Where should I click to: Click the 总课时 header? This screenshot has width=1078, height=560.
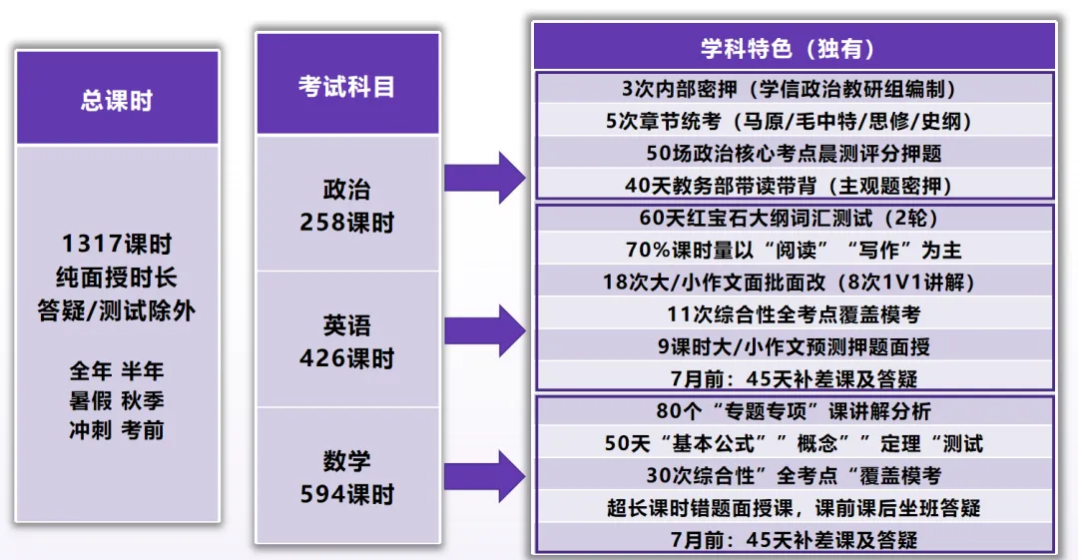click(117, 101)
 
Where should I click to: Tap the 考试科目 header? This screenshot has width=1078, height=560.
click(346, 86)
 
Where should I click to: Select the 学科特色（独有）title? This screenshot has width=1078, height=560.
click(794, 48)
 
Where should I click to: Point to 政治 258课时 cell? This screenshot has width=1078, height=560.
click(346, 205)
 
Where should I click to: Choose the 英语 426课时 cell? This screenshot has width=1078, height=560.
click(346, 341)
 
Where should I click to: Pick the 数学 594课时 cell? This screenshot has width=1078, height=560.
click(346, 477)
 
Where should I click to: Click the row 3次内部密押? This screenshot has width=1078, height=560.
click(794, 89)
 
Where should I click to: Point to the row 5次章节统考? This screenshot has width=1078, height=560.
click(794, 121)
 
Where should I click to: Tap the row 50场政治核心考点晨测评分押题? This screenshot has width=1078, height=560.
click(794, 153)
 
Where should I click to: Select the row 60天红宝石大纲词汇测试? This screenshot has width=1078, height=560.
click(794, 218)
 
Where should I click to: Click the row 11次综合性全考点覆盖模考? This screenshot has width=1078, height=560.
click(794, 314)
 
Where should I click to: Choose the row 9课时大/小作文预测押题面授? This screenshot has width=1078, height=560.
click(794, 346)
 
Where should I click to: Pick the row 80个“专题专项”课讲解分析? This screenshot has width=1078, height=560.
click(794, 410)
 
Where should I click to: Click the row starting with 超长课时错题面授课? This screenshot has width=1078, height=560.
click(794, 507)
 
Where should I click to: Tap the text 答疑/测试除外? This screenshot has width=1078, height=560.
click(117, 310)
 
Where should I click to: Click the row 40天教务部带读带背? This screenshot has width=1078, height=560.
click(794, 185)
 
